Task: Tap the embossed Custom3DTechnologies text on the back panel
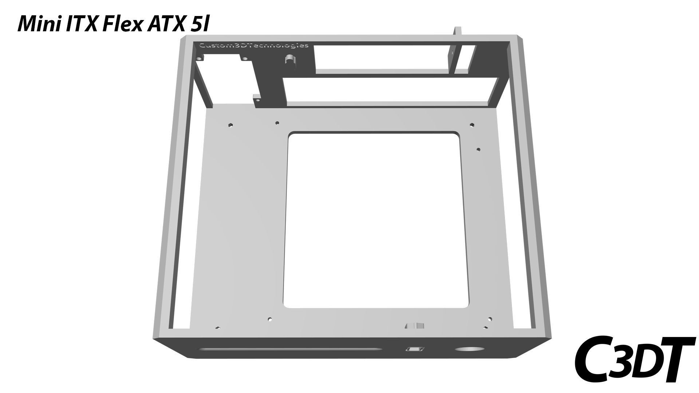pyautogui.click(x=254, y=45)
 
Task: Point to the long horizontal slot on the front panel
pyautogui.click(x=290, y=349)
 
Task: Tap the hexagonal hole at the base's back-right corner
pyautogui.click(x=472, y=125)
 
